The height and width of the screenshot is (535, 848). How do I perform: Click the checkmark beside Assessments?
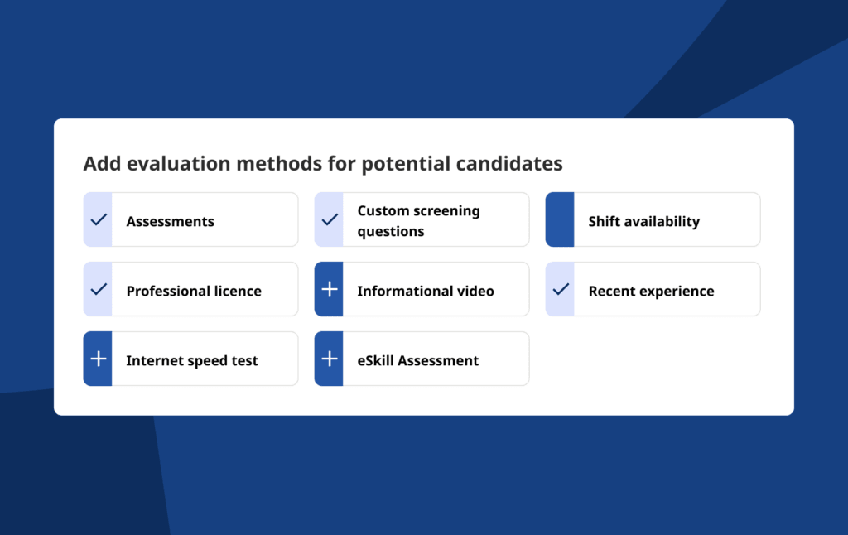coord(99,219)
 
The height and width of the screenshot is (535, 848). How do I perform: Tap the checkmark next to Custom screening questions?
coord(330,219)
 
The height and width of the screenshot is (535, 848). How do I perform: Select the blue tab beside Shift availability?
coord(560,219)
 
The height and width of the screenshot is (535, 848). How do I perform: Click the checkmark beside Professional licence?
coord(99,289)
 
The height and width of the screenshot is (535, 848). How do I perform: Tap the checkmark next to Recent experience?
coord(561,289)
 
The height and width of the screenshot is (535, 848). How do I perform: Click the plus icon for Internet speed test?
coord(99,359)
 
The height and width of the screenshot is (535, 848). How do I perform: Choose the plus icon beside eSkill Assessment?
coord(330,359)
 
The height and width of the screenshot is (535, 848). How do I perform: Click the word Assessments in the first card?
coord(171,221)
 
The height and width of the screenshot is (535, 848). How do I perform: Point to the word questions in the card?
coord(391,232)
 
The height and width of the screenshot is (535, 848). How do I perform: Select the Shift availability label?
coord(644,221)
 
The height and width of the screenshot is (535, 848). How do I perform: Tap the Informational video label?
coord(426,291)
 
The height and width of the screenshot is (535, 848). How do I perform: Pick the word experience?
coord(677,292)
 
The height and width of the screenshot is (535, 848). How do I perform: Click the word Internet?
coord(152,361)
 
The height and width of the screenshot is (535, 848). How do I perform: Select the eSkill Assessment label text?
coord(418,361)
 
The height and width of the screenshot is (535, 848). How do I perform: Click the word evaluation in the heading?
coord(179,163)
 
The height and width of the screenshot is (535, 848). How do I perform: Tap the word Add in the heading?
coord(102,163)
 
